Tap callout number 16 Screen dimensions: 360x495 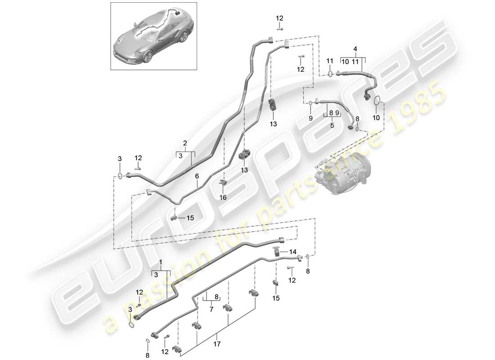point(223,197)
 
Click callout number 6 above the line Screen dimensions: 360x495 point(197,178)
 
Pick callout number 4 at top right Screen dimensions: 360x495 point(355,48)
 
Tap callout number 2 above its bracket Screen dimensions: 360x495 point(184,143)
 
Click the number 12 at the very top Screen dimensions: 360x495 point(279,18)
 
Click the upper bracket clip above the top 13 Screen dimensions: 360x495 point(273,105)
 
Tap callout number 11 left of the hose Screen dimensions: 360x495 point(329,60)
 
